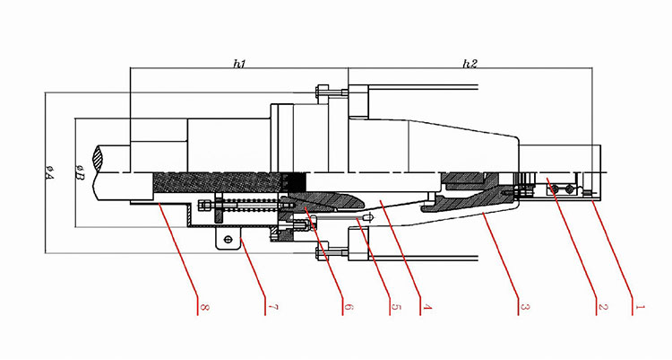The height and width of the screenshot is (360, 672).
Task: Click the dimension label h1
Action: (239, 64)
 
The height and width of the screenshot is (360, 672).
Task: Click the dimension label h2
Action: (470, 64)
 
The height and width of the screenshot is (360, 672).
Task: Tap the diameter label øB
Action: (80, 172)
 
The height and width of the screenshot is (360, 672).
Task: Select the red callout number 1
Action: (640, 307)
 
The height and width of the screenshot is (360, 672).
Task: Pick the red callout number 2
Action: (603, 307)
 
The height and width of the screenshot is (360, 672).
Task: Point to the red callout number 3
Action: (525, 307)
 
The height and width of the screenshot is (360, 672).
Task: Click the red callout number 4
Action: (426, 307)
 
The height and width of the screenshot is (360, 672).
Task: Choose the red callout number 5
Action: (395, 307)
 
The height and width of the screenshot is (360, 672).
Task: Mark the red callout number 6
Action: (349, 307)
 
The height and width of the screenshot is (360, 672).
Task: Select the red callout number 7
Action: (273, 307)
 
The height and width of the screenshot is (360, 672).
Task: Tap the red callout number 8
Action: (204, 307)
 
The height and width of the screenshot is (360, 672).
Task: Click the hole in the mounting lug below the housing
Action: (228, 240)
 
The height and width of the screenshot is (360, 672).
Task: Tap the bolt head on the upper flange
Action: (322, 92)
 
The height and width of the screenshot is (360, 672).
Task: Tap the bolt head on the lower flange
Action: (322, 253)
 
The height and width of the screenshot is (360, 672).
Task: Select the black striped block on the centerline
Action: (296, 182)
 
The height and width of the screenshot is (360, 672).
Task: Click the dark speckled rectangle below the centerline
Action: (219, 182)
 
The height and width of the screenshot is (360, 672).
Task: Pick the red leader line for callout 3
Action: (503, 258)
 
